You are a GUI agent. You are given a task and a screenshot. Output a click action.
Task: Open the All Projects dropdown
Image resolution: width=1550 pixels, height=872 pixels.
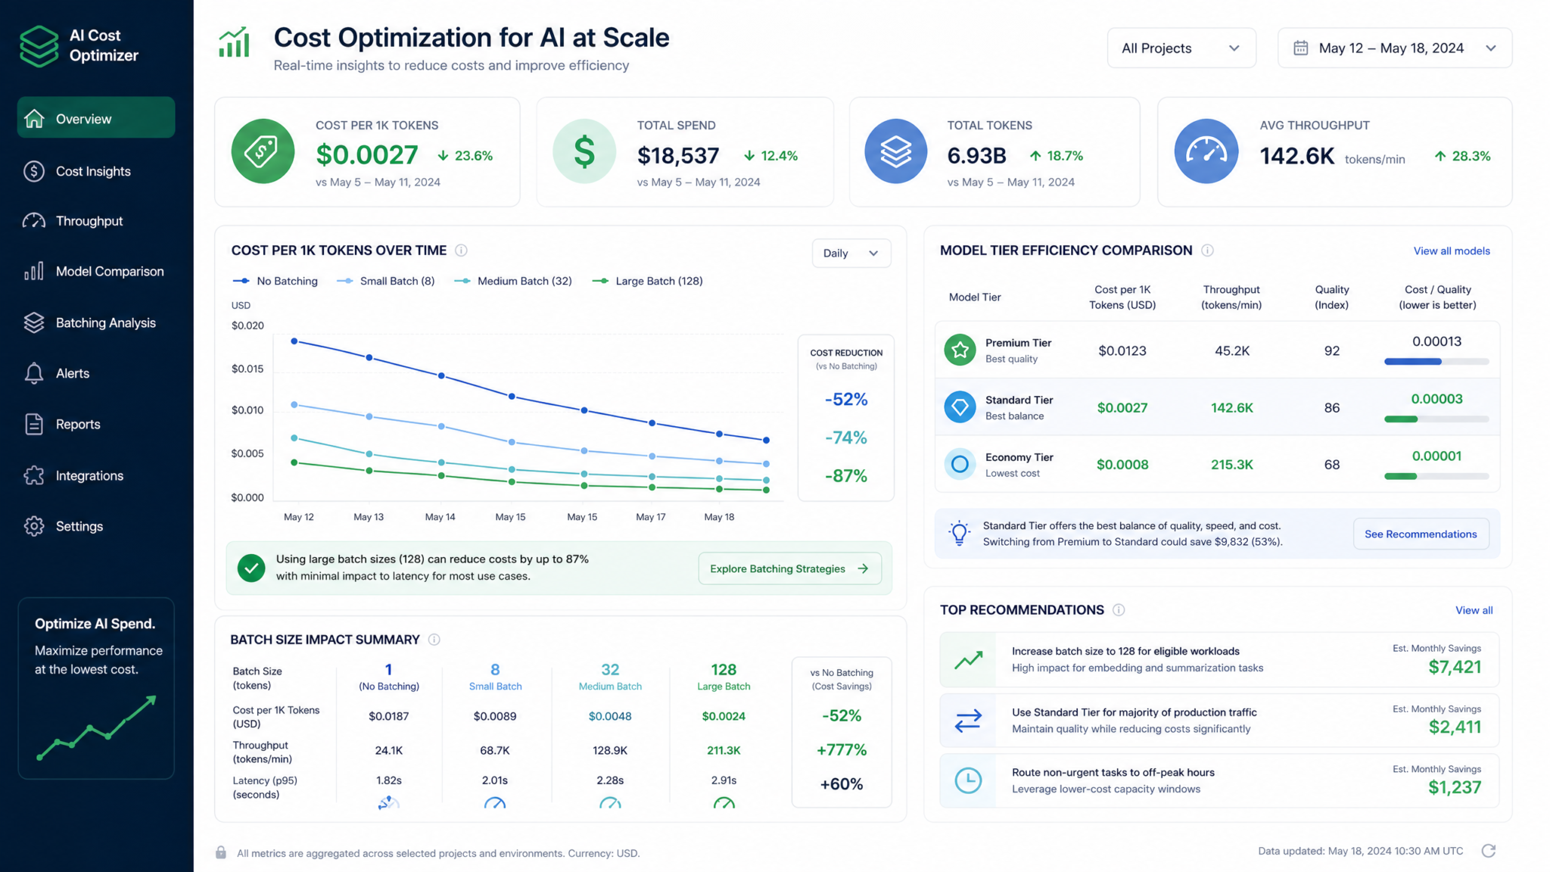[x=1181, y=48]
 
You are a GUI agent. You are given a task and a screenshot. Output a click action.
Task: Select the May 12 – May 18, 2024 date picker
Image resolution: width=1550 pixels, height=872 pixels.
[x=1394, y=48]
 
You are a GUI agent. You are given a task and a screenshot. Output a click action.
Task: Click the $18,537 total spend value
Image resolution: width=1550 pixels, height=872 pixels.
[x=678, y=155]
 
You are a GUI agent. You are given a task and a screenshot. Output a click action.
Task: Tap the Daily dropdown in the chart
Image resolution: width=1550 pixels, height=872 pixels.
[x=851, y=253]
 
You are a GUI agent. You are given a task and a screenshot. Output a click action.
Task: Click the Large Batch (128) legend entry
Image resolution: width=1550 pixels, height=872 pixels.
[x=648, y=281]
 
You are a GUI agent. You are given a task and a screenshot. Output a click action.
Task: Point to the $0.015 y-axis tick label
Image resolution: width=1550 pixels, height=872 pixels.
[x=247, y=369]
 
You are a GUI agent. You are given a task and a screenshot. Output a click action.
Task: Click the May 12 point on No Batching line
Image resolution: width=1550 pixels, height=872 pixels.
[x=294, y=341]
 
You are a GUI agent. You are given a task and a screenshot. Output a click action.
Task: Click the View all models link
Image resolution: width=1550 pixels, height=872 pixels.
[x=1452, y=251]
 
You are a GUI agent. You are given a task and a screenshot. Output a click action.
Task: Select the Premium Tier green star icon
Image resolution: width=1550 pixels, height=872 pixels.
[x=960, y=350]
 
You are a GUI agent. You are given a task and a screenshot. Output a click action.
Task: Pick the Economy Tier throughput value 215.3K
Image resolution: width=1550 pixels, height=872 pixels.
[x=1231, y=465]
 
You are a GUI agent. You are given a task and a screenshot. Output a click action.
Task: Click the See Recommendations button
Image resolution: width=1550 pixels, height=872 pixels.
[x=1421, y=534]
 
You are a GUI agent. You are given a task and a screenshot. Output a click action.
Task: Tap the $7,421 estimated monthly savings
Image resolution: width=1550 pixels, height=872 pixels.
[x=1455, y=667]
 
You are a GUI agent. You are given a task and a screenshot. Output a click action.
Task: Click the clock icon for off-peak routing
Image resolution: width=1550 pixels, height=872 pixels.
[x=968, y=780]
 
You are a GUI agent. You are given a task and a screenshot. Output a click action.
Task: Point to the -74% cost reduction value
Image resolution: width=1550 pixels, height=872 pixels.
[x=846, y=438]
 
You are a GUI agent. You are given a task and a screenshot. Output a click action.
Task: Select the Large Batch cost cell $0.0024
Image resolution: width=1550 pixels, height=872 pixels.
[x=724, y=716]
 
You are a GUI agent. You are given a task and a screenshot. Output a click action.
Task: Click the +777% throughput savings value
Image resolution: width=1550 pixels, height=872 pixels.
[x=842, y=750]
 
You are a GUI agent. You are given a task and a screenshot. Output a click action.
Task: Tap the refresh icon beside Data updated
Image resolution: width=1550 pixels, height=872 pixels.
[x=1489, y=851]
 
